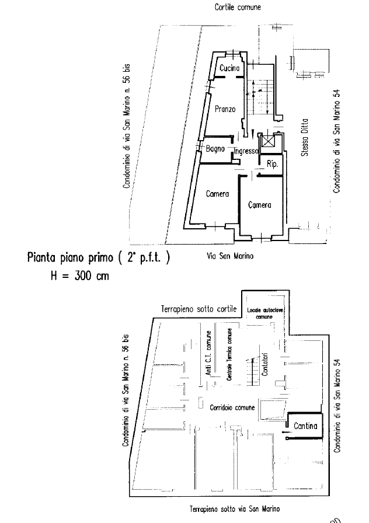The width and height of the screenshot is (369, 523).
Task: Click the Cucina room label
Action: pos(229,69)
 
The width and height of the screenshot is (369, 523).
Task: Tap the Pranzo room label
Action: pos(225,109)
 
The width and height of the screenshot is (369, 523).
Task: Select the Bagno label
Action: pos(215,149)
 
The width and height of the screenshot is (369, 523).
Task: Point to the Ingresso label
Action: pos(246,152)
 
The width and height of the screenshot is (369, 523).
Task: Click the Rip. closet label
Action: pos(271,165)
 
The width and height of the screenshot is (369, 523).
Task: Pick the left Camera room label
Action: pos(217,194)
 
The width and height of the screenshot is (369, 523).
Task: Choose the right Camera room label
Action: pos(259,205)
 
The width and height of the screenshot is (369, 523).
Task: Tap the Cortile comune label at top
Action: pos(238,8)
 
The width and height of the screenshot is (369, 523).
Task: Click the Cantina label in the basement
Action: pos(305,426)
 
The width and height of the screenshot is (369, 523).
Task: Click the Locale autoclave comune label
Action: pos(264,312)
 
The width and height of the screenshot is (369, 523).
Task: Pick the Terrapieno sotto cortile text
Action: pos(199,308)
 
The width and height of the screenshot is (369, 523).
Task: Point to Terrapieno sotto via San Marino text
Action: pos(235,509)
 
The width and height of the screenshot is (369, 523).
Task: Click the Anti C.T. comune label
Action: pos(208,357)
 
